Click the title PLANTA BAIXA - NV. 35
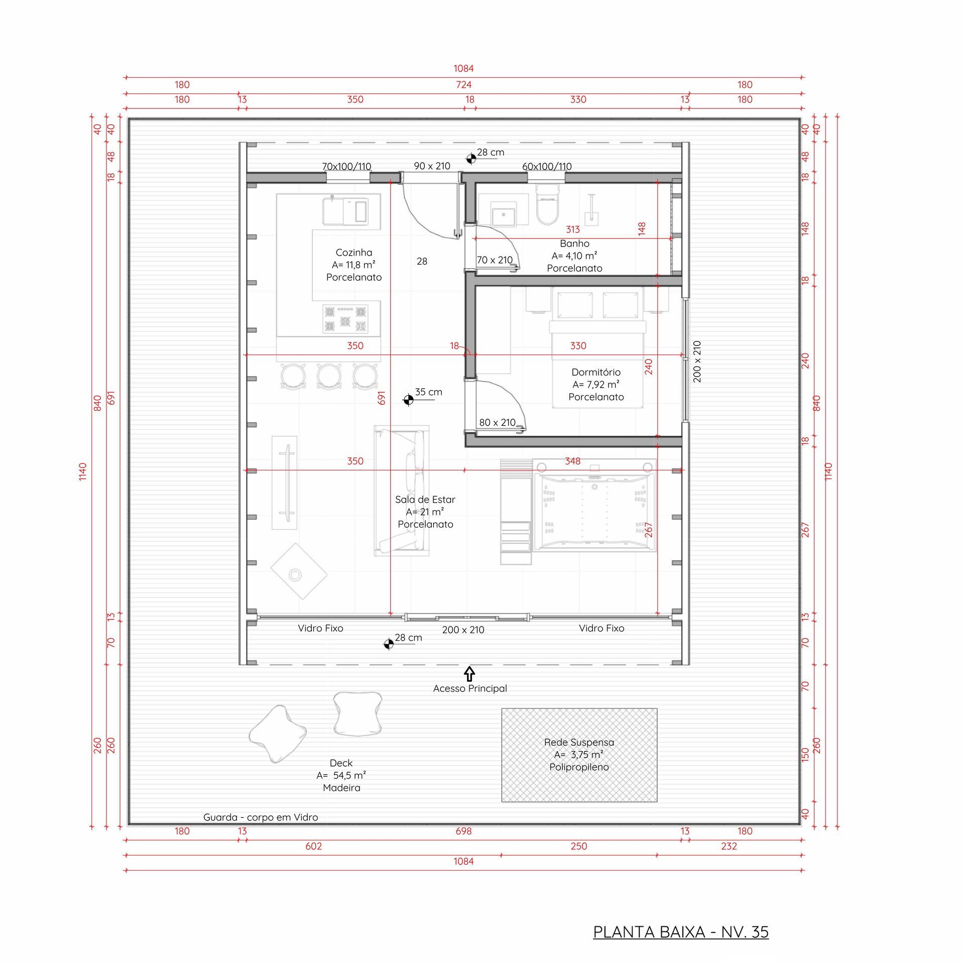coord(681,932)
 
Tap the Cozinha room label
coord(354,253)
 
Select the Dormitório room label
coord(596,372)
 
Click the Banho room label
coord(574,244)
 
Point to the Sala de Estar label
coord(425,500)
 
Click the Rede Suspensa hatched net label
coord(579,742)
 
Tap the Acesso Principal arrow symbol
coord(469,673)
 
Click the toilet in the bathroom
coord(547,204)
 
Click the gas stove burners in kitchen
coord(345,320)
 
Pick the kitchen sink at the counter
coord(345,211)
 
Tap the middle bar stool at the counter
coord(329,376)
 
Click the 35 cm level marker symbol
coord(408,400)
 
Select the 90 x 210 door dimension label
coord(432,166)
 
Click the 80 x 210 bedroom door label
coord(497,422)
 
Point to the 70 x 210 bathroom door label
coord(495,260)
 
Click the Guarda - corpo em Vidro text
coord(261,817)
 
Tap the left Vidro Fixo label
coord(320,628)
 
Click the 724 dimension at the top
coord(463,85)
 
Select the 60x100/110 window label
coord(547,166)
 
